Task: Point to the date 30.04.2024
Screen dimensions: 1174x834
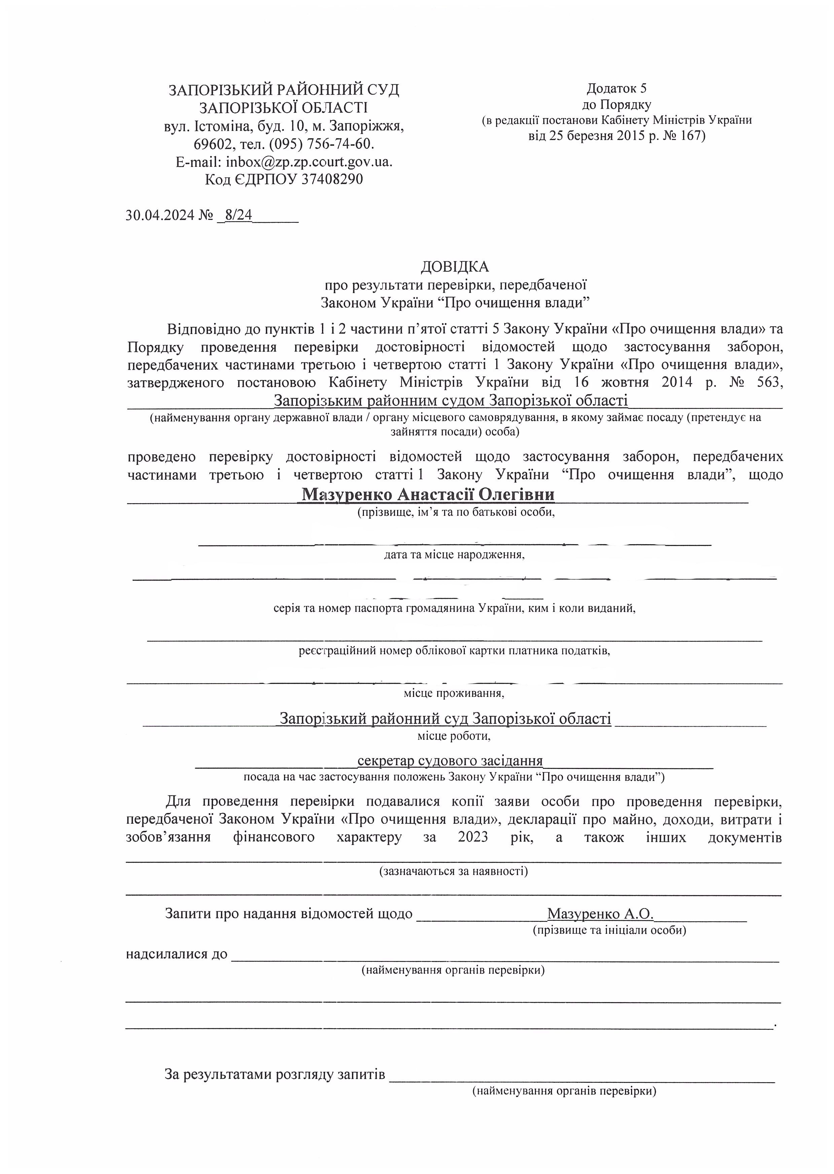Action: [x=160, y=215]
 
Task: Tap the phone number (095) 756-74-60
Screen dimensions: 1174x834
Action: [x=321, y=144]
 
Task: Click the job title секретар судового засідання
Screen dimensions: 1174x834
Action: [x=450, y=760]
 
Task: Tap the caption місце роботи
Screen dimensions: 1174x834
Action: [x=454, y=736]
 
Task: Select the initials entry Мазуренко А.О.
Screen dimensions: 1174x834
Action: [x=600, y=914]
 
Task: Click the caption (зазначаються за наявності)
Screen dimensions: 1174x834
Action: [x=453, y=871]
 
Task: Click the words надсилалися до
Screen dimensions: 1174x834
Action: [x=177, y=954]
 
